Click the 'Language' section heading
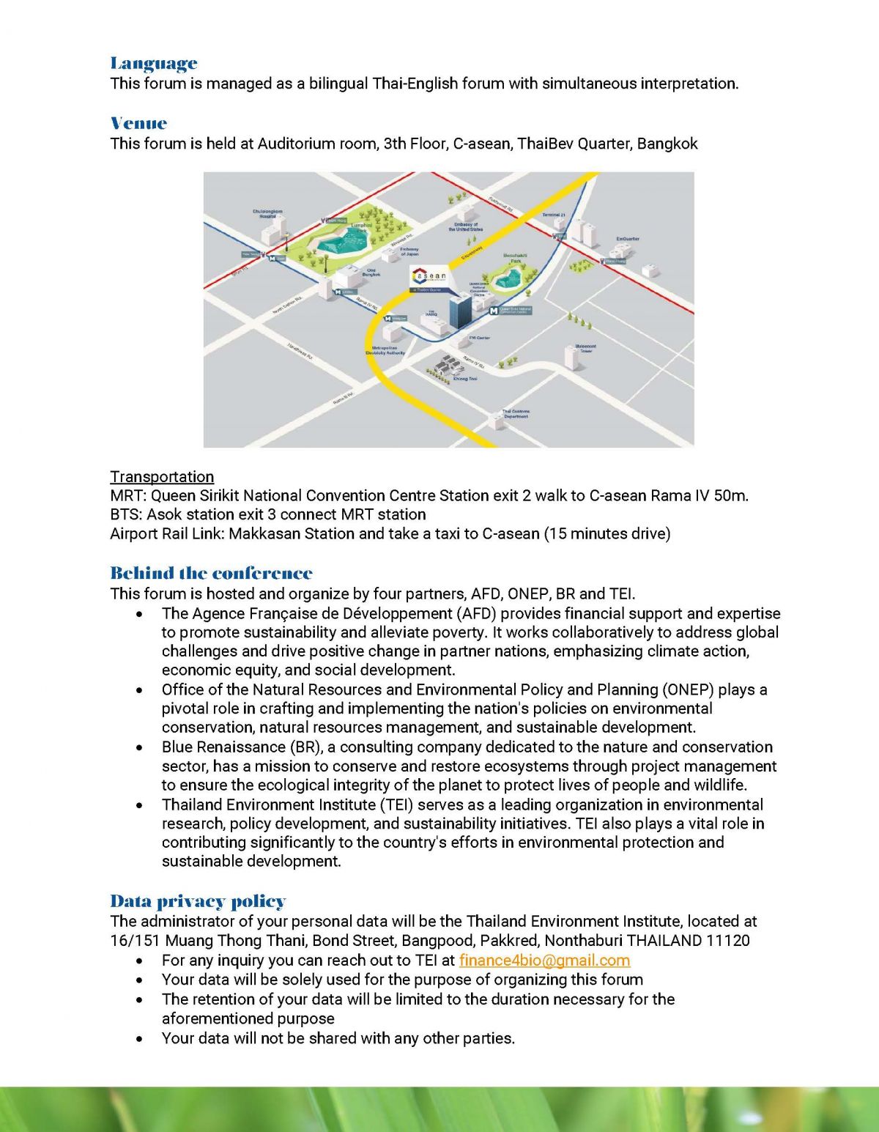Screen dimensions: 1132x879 pos(154,64)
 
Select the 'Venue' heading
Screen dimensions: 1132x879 pos(138,123)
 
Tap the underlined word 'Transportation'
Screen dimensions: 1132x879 pos(162,477)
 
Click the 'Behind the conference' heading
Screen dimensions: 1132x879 pos(211,573)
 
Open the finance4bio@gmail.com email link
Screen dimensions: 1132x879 pos(544,961)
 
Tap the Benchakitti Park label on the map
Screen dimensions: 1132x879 pos(515,258)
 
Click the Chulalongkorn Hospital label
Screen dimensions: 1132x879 pos(267,213)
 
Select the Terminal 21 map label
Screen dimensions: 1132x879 pos(554,215)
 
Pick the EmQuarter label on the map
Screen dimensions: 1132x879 pos(628,239)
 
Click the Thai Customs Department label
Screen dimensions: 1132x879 pos(516,414)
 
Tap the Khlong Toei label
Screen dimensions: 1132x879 pos(465,379)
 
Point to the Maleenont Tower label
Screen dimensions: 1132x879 pos(586,348)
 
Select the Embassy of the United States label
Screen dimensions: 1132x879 pos(466,227)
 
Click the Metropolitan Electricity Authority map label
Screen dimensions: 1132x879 pos(385,350)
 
